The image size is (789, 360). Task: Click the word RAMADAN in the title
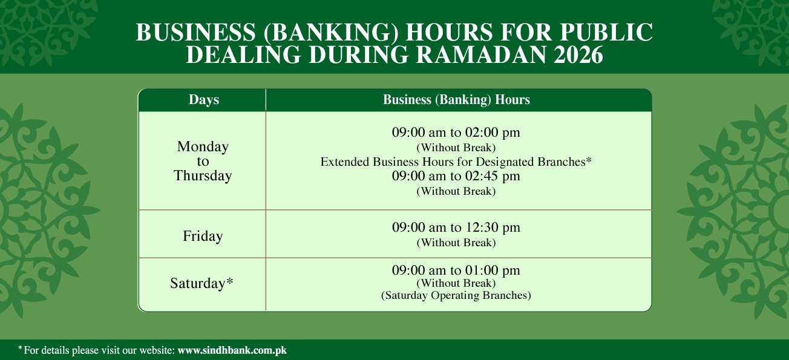tap(481, 55)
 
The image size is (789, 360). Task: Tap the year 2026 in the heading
tap(578, 55)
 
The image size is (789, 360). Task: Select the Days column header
tap(204, 100)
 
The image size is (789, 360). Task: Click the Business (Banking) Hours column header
tap(456, 100)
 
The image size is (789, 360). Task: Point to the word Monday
tap(203, 146)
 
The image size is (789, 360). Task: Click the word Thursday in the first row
tap(203, 176)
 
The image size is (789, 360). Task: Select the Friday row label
tap(203, 236)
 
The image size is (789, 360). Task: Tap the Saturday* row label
tap(201, 283)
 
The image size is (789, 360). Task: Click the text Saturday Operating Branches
tap(456, 295)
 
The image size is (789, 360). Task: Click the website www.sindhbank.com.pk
tap(232, 350)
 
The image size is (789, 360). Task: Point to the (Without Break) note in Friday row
tap(456, 243)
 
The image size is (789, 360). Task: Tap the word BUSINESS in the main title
tap(196, 32)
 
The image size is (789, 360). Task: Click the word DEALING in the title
tap(243, 55)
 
